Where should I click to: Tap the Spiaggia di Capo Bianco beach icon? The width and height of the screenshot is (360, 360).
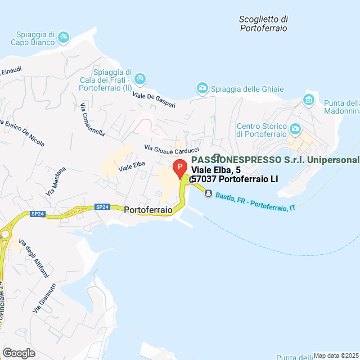pyautogui.click(x=64, y=38)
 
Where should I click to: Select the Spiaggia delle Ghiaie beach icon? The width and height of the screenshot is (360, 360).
pyautogui.click(x=202, y=88)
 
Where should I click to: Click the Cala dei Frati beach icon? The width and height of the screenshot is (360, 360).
pyautogui.click(x=141, y=78)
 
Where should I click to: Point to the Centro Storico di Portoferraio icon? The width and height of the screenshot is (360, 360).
pyautogui.click(x=295, y=130)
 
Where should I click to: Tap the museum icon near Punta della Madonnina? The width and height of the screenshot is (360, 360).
pyautogui.click(x=308, y=100)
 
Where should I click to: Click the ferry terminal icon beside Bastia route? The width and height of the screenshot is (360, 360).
pyautogui.click(x=208, y=193)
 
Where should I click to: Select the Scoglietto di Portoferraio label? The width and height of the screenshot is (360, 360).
pyautogui.click(x=263, y=23)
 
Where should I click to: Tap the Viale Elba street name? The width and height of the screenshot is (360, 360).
pyautogui.click(x=132, y=166)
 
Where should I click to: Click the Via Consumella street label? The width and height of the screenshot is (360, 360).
pyautogui.click(x=92, y=119)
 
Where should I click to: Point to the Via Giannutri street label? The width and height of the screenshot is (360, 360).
pyautogui.click(x=44, y=299)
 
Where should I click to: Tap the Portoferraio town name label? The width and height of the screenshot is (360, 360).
pyautogui.click(x=148, y=209)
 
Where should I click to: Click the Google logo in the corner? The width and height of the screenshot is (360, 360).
pyautogui.click(x=18, y=353)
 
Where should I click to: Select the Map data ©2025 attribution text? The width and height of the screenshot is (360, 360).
pyautogui.click(x=336, y=355)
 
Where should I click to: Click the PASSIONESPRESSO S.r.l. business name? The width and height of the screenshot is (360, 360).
pyautogui.click(x=278, y=160)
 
